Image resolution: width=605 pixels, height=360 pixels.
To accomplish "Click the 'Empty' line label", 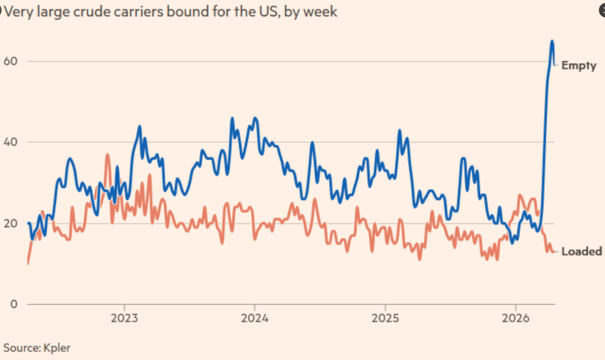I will point(578,66).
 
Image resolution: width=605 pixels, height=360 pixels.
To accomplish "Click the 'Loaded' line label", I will point(581,251).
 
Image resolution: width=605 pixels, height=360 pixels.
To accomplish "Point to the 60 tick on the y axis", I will point(10,61).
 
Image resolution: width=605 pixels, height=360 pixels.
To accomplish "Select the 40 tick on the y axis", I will point(10,142).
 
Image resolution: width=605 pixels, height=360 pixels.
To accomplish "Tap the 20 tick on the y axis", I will point(10,223).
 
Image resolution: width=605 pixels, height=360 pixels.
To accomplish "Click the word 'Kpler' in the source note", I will point(57,348).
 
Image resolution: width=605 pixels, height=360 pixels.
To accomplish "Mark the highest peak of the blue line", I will point(552,41).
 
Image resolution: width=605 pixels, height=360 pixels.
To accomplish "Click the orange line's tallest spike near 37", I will point(107,154).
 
